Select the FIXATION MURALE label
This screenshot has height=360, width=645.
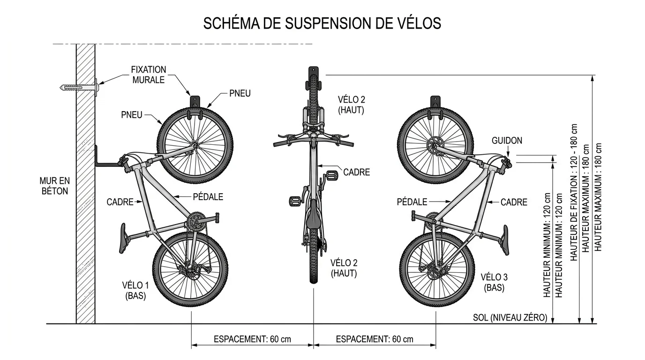pyautogui.click(x=149, y=75)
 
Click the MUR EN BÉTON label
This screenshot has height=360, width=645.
pyautogui.click(x=54, y=185)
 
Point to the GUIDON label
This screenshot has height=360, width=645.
pyautogui.click(x=507, y=141)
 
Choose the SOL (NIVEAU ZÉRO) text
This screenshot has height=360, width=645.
pyautogui.click(x=510, y=317)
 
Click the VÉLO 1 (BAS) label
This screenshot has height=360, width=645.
pyautogui.click(x=135, y=290)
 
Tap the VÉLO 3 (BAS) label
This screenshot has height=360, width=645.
pyautogui.click(x=494, y=282)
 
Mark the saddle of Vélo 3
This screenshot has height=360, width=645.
pyautogui.click(x=505, y=240)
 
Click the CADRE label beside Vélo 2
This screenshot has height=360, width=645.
pyautogui.click(x=356, y=172)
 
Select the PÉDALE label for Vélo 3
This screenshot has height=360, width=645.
pyautogui.click(x=412, y=202)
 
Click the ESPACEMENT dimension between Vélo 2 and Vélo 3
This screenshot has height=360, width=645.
pyautogui.click(x=375, y=339)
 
